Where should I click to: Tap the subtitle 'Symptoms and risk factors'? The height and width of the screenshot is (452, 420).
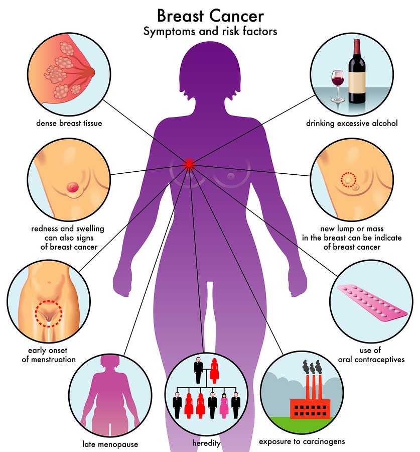pos(210,32)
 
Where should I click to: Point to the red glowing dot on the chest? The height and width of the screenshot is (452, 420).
pos(189,163)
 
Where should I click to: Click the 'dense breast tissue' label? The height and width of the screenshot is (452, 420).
pos(69,123)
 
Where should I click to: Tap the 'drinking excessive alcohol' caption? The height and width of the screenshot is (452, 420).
pos(352,123)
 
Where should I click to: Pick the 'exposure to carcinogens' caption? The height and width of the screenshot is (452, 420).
pos(302,442)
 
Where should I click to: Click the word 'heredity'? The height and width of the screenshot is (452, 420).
pos(207,443)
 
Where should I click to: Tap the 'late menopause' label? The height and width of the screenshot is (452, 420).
pos(110,444)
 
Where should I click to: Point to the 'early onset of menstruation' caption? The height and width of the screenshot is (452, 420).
pos(49,355)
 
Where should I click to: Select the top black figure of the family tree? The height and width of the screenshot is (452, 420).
pos(199,371)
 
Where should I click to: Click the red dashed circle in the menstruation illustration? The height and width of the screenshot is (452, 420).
pos(48,314)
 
